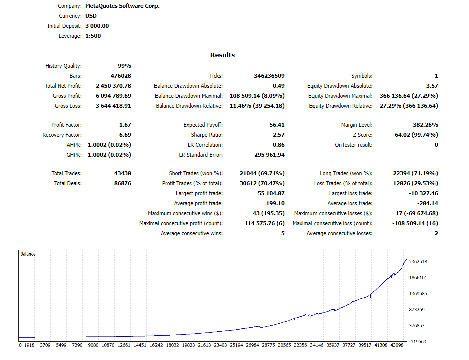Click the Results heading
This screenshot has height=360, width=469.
click(222, 55)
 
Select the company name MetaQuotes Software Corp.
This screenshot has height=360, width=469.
click(122, 6)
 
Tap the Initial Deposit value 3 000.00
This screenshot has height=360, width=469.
click(97, 26)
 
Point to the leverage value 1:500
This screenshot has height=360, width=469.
click(94, 36)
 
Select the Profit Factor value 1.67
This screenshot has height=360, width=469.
click(125, 125)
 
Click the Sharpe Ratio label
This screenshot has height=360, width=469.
click(207, 135)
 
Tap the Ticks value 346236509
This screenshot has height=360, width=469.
click(269, 76)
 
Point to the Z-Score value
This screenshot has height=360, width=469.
click(415, 135)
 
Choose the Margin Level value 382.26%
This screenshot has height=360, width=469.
click(422, 125)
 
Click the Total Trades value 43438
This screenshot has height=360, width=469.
click(122, 173)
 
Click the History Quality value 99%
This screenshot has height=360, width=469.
click(124, 66)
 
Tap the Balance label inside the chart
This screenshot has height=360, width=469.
click(28, 254)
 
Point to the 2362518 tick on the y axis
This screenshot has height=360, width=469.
click(418, 262)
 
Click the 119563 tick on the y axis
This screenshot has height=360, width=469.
click(418, 341)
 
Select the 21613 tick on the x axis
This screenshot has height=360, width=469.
click(204, 345)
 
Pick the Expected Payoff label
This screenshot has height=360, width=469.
click(203, 125)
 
